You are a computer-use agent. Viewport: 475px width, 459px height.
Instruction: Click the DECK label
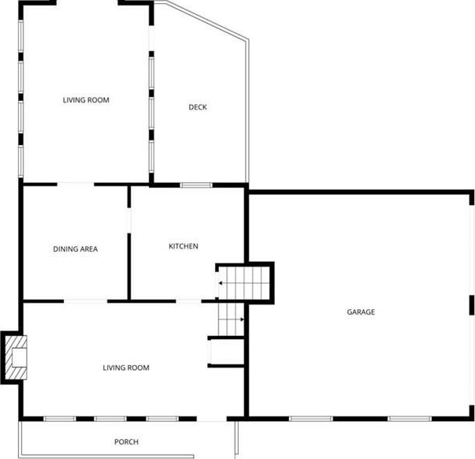198,107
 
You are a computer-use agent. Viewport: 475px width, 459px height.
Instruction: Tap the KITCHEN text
184,246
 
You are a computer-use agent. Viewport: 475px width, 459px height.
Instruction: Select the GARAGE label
361,312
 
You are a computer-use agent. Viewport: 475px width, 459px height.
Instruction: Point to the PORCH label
126,442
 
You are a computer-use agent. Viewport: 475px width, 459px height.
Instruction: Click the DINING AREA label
76,249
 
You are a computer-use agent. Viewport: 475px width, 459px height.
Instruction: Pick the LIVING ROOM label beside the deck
86,100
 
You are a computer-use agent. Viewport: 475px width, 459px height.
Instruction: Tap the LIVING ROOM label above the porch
126,368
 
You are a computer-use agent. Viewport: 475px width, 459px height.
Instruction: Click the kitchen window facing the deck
196,185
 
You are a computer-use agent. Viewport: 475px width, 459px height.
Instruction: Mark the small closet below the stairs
226,352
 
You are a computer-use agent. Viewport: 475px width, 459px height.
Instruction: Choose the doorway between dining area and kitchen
128,221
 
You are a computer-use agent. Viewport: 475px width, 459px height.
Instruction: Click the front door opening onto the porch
212,419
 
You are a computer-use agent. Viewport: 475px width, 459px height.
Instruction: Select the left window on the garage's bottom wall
311,419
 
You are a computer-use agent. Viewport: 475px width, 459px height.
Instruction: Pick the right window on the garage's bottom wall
410,419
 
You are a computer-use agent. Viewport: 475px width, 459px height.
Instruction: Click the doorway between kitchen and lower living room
188,301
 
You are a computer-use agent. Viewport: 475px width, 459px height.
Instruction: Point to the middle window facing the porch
110,419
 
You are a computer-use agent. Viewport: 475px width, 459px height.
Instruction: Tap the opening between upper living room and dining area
76,184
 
